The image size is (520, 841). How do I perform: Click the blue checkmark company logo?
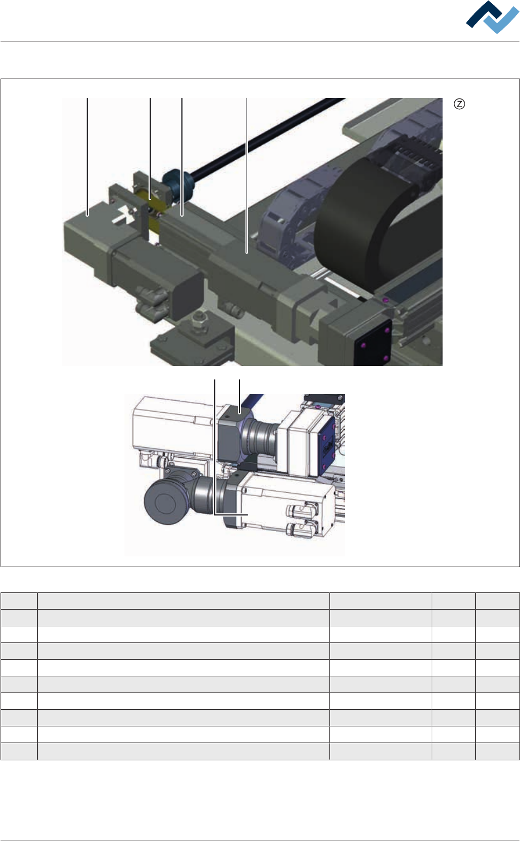(492, 17)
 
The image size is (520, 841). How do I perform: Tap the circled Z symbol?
(459, 104)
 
